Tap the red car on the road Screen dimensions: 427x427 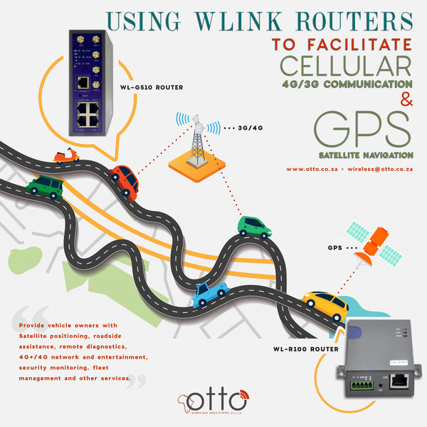(124, 181)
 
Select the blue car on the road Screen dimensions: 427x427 (211, 292)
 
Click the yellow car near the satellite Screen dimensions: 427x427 (325, 304)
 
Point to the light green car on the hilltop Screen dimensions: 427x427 (254, 226)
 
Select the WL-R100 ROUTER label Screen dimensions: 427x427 (304, 350)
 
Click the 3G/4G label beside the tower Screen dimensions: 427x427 (248, 130)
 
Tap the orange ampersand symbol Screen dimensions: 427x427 (406, 101)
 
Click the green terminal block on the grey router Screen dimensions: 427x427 (360, 386)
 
